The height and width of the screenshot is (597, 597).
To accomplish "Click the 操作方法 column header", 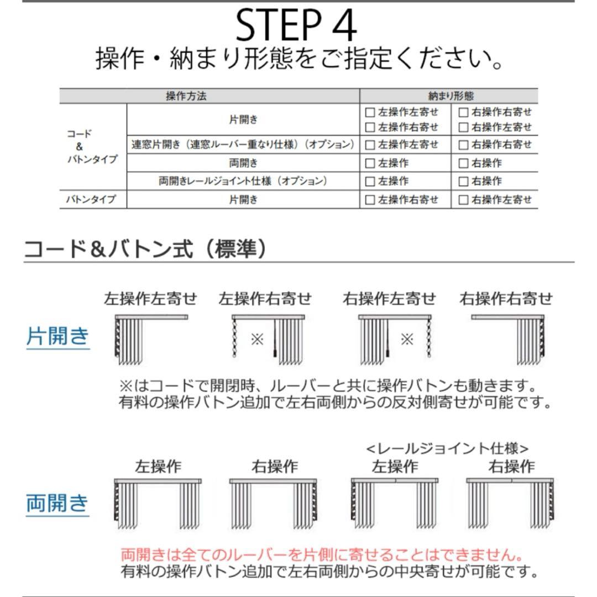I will coord(186,96).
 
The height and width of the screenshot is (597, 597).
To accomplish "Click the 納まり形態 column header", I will coord(451,96).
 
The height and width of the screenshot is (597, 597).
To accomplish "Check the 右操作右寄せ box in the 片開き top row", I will coord(464,112).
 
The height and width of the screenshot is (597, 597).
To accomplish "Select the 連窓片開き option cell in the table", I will coord(243,145).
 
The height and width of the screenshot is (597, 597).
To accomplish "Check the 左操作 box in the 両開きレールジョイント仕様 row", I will coord(370,181).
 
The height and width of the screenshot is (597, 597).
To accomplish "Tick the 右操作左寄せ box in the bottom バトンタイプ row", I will coord(464,200).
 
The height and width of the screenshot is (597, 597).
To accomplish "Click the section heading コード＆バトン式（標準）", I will coord(145,249).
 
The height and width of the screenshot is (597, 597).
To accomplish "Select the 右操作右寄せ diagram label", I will coord(506,299).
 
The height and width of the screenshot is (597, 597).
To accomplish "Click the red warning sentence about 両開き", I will coord(322,554).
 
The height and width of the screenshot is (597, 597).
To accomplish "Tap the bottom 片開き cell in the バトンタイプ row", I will coord(243,200).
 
